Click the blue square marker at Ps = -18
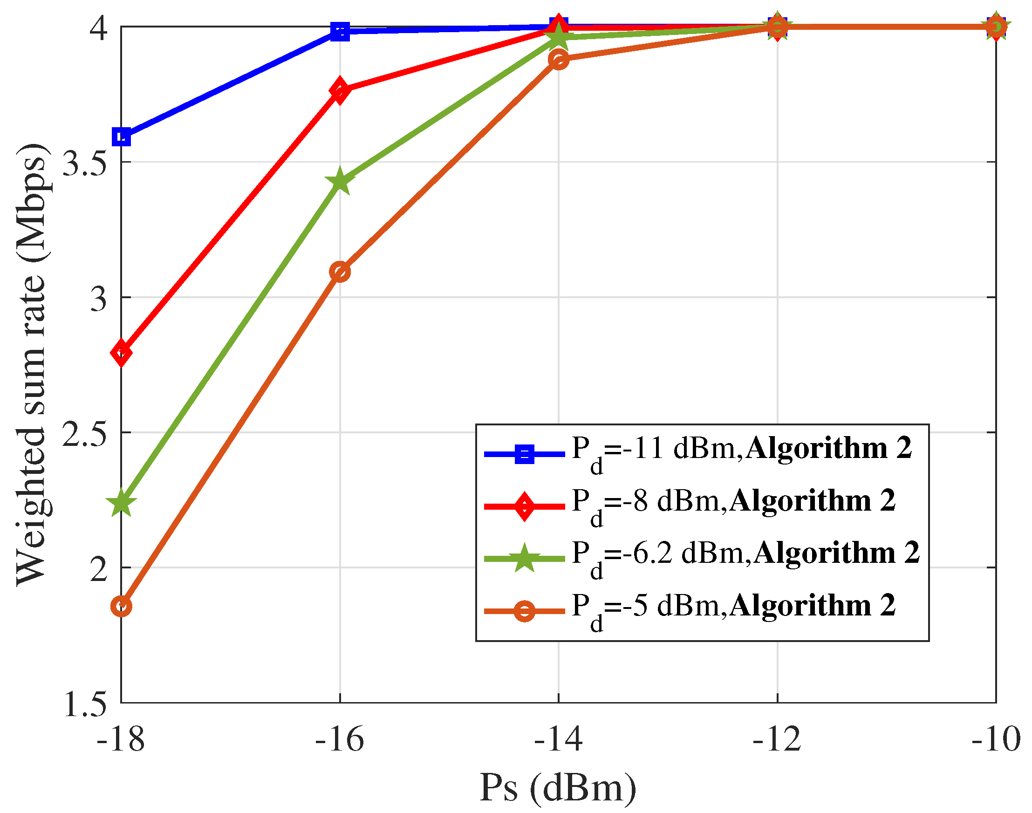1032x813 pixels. [122, 137]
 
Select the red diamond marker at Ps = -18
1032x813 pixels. [122, 353]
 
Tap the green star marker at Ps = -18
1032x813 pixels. [122, 503]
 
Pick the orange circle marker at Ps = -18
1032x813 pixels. [122, 606]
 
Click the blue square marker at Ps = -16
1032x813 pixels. [340, 31]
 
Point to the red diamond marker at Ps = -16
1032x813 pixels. [340, 91]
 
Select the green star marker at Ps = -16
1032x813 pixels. [340, 181]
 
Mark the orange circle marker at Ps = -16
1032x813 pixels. [340, 272]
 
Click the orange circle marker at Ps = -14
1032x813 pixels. [558, 60]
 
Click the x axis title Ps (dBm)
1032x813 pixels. [558, 788]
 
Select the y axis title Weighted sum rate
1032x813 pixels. [31, 364]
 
